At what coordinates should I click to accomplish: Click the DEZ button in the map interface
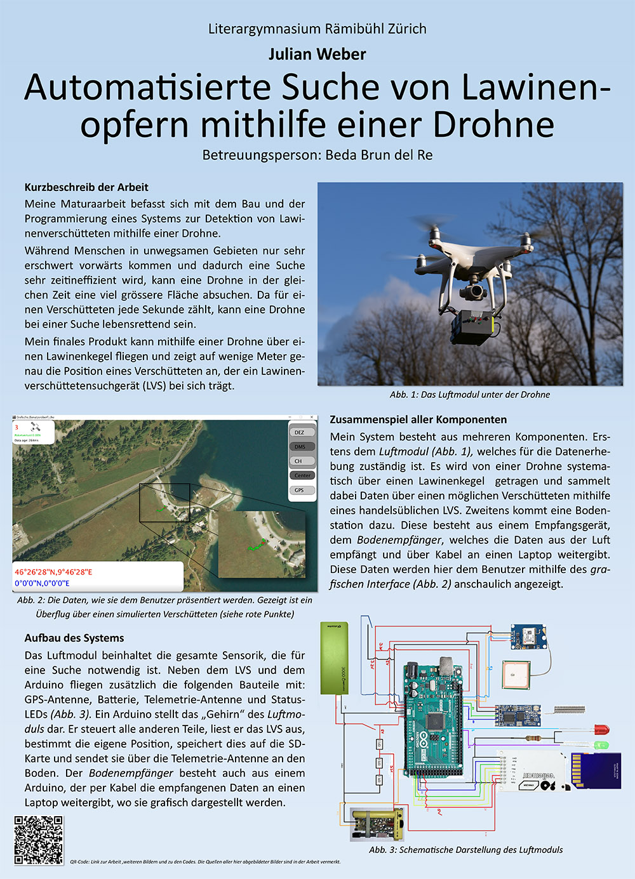[300, 432]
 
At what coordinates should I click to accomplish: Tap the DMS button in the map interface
[300, 447]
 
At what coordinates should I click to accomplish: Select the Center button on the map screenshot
[302, 475]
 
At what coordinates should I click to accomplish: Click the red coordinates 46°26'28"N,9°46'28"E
[53, 572]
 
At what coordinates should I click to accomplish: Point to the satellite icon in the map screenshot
[36, 428]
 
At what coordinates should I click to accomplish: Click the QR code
[39, 840]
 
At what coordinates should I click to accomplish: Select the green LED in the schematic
[601, 744]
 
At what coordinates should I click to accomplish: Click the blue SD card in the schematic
[596, 770]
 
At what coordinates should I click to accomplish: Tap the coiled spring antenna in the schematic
[568, 710]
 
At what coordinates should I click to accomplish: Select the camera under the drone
[472, 292]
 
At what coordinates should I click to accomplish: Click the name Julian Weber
[317, 55]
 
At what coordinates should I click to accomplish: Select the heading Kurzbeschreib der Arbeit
[86, 187]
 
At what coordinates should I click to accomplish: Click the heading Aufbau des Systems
[74, 638]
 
